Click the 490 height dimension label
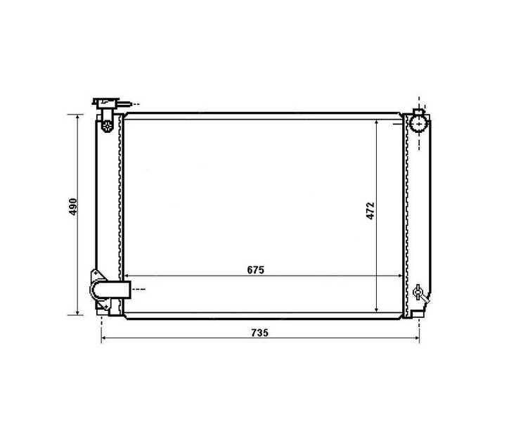pos(73,207)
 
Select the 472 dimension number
pos(371,211)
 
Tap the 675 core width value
pos(256,270)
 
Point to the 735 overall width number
pos(260,333)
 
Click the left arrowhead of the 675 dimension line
pos(127,276)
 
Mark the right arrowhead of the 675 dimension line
pos(399,276)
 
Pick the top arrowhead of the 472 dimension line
pos(376,123)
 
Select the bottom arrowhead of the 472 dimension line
pos(376,309)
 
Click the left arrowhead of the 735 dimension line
pos(105,338)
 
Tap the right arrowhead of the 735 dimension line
pos(416,338)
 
